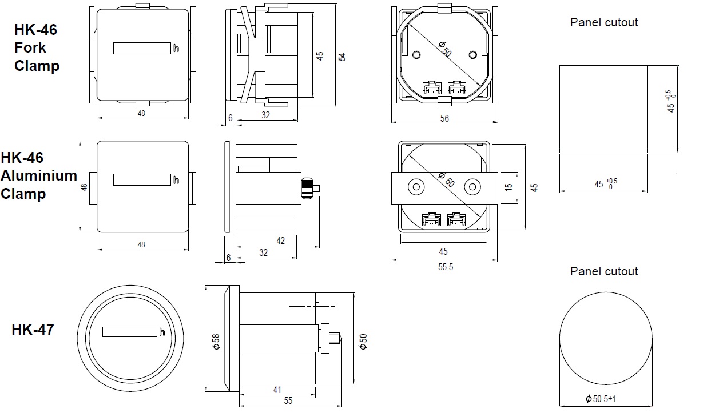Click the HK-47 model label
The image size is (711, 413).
(x=33, y=329)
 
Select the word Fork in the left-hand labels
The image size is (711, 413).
(x=30, y=47)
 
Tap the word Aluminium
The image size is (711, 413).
(x=39, y=175)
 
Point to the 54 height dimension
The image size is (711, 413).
(x=342, y=57)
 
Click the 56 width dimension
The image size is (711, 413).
(x=444, y=118)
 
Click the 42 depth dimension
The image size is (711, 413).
(x=280, y=241)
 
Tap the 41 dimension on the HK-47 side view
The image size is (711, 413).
(x=277, y=390)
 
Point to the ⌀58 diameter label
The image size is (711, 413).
(x=216, y=341)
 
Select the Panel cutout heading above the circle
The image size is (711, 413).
(x=603, y=271)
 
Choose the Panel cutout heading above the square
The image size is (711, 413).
(x=603, y=22)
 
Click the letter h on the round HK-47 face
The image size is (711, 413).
(x=162, y=332)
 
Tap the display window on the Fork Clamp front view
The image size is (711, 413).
(x=142, y=49)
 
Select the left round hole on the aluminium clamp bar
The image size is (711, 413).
(x=416, y=187)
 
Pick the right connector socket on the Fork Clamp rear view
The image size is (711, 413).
(x=456, y=88)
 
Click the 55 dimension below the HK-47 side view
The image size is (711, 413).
(x=288, y=401)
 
